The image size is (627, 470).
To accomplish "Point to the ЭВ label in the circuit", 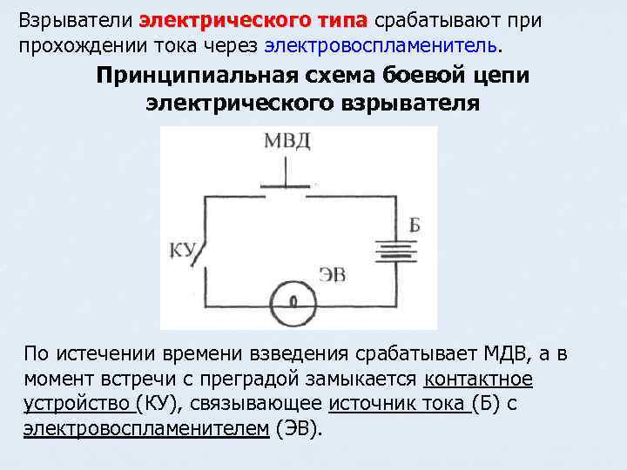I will pyautogui.click(x=332, y=276).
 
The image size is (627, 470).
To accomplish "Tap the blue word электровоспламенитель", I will pyautogui.click(x=384, y=43).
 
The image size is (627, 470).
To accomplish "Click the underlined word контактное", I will pyautogui.click(x=478, y=379).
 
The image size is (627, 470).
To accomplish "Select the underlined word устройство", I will pyautogui.click(x=78, y=404).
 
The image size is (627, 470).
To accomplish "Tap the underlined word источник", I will pyautogui.click(x=374, y=404).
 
